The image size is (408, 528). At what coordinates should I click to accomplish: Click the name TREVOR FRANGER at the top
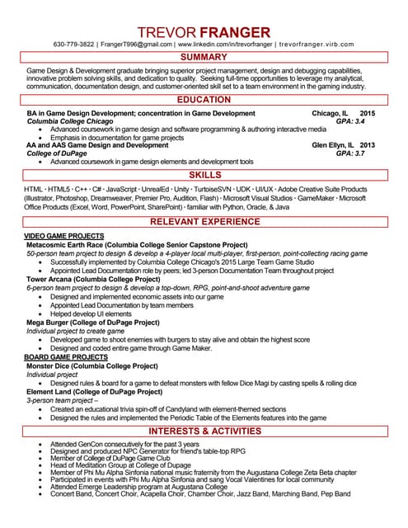pos(204,32)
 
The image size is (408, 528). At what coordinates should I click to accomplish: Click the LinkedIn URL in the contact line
pos(224,44)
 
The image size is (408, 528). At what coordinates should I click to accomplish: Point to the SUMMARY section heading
pos(204,58)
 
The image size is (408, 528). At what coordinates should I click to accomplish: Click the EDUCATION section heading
pos(204,100)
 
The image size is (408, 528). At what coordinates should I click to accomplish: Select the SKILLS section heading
pos(204,176)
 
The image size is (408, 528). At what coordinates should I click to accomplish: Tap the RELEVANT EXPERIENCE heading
pos(204,222)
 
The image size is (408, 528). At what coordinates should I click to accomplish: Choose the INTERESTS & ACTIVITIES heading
pos(204,431)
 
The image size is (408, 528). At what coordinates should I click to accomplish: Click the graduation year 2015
pos(368,113)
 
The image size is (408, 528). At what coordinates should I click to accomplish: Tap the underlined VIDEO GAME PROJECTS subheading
pos(63,236)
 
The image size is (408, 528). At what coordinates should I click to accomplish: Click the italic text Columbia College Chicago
pos(70,121)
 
